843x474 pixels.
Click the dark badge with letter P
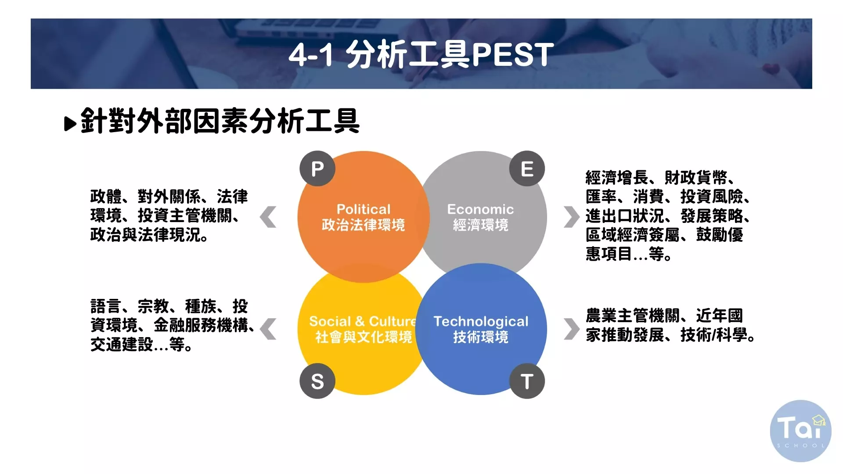pos(317,169)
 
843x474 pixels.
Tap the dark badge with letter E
pos(527,169)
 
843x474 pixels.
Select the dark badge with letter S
pos(317,381)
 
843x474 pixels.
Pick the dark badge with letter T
pos(527,381)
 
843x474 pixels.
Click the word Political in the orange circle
pos(364,209)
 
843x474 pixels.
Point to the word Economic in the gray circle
pos(480,209)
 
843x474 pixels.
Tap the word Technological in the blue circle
pos(481,322)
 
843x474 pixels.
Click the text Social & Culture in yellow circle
pos(363,321)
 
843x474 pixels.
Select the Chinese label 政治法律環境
pos(364,225)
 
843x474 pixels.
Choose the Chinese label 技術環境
pos(481,337)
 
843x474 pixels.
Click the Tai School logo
pos(800,431)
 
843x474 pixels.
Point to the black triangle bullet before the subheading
pos(70,124)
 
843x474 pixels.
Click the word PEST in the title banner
pos(512,55)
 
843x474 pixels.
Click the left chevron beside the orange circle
pos(268,217)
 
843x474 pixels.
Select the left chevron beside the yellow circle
pos(268,329)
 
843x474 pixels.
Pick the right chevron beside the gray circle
pos(572,217)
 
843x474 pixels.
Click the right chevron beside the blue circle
pos(572,329)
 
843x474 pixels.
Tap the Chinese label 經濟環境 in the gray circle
pos(481,225)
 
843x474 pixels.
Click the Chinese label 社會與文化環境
pos(364,337)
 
